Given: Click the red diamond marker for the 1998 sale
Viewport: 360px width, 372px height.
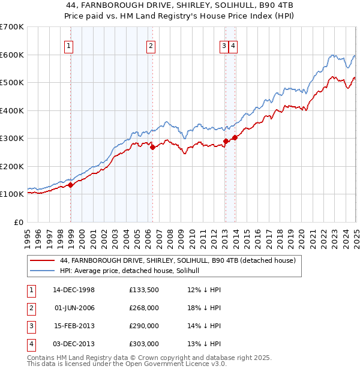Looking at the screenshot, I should pyautogui.click(x=71, y=185).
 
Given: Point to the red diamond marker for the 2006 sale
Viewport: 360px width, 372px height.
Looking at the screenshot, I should pyautogui.click(x=152, y=147).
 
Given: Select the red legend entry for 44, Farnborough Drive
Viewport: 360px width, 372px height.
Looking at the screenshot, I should pyautogui.click(x=177, y=261).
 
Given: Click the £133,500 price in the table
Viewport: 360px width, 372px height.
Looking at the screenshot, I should pyautogui.click(x=144, y=290).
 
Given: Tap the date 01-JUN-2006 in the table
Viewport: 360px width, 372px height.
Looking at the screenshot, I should pyautogui.click(x=74, y=308).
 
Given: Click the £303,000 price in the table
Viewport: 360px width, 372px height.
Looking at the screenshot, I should pyautogui.click(x=144, y=344).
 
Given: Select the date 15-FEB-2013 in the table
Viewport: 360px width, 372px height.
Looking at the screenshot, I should pyautogui.click(x=74, y=326).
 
